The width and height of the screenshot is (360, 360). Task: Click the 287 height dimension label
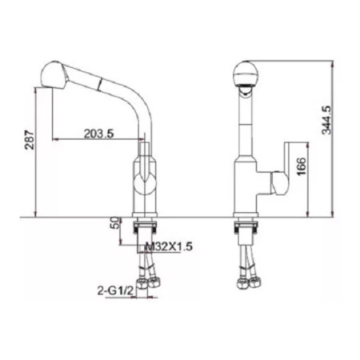(30, 140)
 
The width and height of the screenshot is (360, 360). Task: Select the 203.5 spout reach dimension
(99, 134)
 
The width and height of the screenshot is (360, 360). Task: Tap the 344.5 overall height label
(326, 120)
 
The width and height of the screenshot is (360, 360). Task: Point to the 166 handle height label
(302, 166)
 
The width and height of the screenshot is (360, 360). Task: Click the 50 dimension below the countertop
(114, 222)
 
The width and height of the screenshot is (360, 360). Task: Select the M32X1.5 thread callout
(169, 246)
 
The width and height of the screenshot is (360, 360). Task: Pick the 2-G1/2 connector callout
(115, 291)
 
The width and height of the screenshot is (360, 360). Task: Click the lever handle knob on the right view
(279, 183)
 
